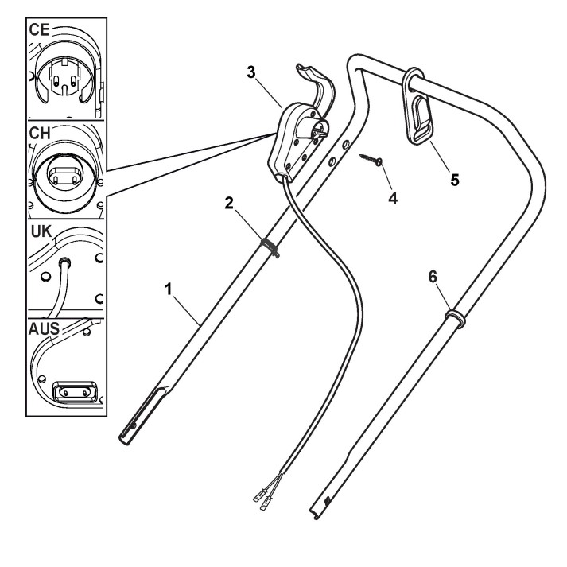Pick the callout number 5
point(454,179)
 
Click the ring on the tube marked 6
point(454,317)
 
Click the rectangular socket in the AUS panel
point(74,392)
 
